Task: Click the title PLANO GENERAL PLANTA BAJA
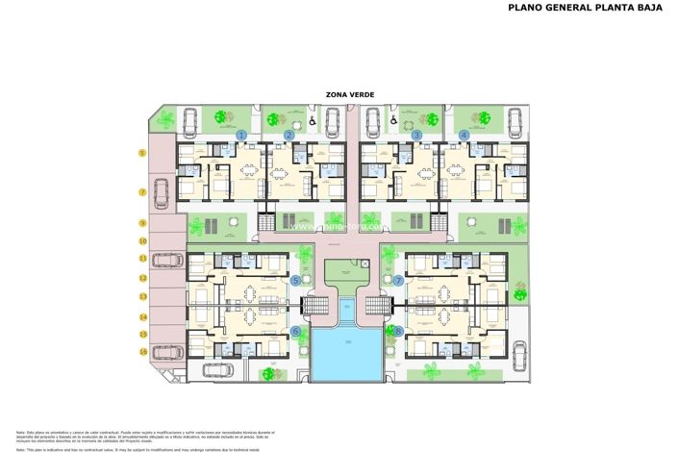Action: click(x=585, y=8)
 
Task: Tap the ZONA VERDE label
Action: click(x=350, y=94)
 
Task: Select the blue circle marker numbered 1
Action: click(x=242, y=136)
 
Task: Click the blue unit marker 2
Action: click(x=289, y=136)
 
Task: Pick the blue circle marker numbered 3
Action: click(x=416, y=136)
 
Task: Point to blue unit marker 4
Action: click(x=465, y=136)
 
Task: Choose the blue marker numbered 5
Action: click(x=295, y=281)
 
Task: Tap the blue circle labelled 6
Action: click(x=295, y=332)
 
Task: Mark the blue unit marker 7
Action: click(x=398, y=281)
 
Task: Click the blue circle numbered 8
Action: click(x=398, y=332)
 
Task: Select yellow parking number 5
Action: click(x=142, y=153)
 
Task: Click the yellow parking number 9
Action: click(x=142, y=223)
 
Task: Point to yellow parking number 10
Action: click(x=142, y=241)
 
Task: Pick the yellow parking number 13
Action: click(x=142, y=298)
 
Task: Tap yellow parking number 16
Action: click(x=142, y=352)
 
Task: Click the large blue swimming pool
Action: click(x=346, y=352)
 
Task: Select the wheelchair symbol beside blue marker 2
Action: click(x=314, y=122)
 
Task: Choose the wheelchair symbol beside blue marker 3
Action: click(x=393, y=122)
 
